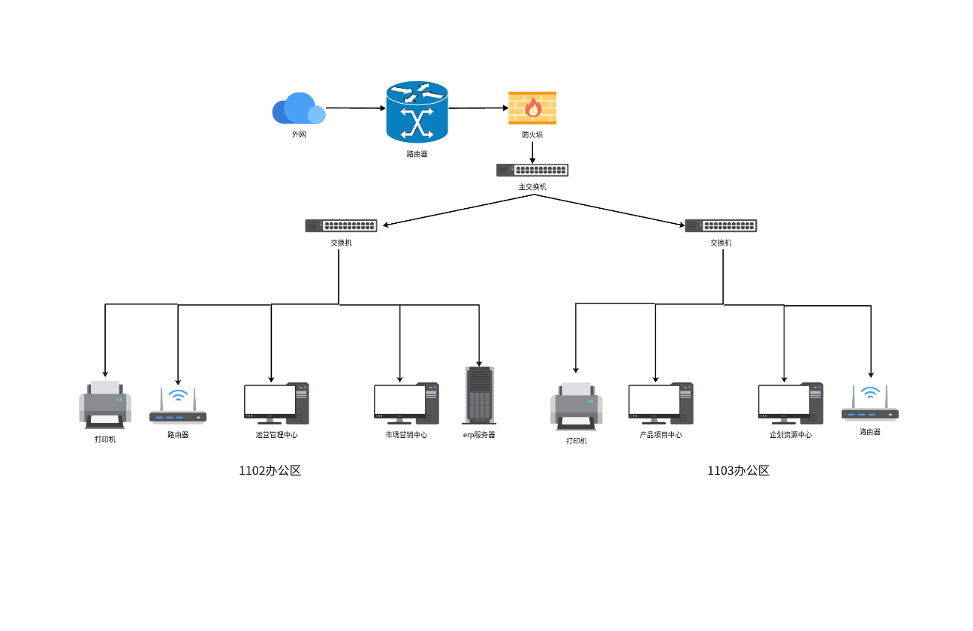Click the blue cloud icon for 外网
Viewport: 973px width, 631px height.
(x=298, y=109)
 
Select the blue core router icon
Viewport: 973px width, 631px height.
(x=417, y=112)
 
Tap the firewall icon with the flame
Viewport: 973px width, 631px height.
(x=532, y=108)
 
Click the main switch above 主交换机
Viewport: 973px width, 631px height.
(x=532, y=171)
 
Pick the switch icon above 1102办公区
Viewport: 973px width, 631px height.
(x=341, y=225)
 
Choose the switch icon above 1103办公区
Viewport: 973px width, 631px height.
(x=721, y=225)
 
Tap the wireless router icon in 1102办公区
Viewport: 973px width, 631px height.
(x=178, y=407)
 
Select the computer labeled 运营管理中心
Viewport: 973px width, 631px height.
(x=276, y=404)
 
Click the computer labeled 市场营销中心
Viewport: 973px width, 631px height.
(x=406, y=404)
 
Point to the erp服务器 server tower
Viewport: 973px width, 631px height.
(x=479, y=394)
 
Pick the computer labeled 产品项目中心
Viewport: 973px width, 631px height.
(x=661, y=404)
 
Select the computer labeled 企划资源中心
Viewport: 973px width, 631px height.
(x=791, y=404)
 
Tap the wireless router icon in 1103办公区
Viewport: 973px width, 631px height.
(x=870, y=403)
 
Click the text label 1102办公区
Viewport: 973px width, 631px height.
(x=270, y=471)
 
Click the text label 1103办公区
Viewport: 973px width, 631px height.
(x=738, y=471)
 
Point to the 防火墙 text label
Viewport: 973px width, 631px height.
(x=532, y=135)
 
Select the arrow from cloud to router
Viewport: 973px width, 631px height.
(x=355, y=108)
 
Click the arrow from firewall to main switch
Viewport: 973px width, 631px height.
(x=532, y=152)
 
